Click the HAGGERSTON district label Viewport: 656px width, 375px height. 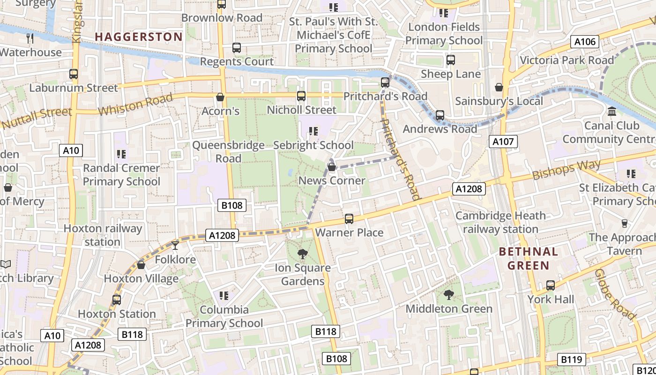[139, 37]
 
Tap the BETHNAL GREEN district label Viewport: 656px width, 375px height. [529, 258]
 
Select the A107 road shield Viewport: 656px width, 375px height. [503, 142]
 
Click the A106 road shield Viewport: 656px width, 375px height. [585, 42]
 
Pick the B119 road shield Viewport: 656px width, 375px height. [571, 360]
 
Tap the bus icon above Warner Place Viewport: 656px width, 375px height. [349, 218]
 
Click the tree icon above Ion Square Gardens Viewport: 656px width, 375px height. [303, 254]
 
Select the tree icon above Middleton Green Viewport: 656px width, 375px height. [449, 295]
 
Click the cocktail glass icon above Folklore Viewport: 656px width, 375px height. [175, 245]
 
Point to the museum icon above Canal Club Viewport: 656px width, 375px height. [611, 112]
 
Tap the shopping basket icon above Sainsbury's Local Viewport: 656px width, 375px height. [499, 87]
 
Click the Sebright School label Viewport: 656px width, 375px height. [313, 145]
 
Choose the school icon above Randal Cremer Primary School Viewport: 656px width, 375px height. [121, 154]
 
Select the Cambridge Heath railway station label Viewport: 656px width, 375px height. [500, 222]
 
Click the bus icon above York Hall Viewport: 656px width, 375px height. [551, 285]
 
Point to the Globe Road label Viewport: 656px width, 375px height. [614, 294]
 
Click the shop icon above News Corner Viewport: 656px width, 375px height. [332, 166]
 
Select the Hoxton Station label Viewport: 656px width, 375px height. [117, 314]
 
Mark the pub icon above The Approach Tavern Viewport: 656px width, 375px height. [625, 223]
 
